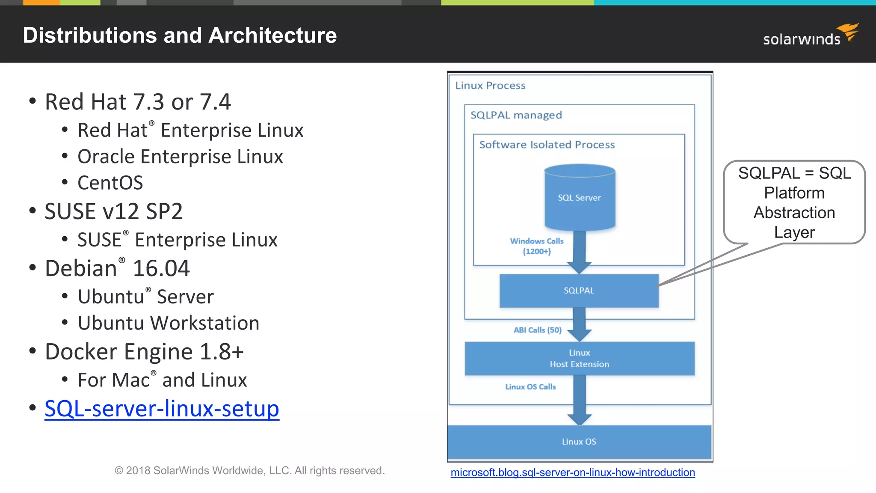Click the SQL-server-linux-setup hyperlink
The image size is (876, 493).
[x=162, y=409]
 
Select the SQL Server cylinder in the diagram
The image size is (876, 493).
[x=580, y=198]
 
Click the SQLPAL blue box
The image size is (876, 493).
[x=579, y=291]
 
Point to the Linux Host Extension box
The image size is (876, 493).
[x=579, y=359]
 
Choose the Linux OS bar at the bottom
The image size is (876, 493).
[x=579, y=442]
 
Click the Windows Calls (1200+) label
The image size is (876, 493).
[x=536, y=246]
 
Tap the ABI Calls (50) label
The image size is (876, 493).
[x=537, y=330]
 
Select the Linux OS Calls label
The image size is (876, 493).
[x=530, y=387]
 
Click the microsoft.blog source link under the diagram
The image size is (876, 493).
[x=572, y=472]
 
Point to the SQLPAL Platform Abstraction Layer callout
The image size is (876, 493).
[x=794, y=202]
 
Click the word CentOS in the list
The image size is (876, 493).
[x=110, y=183]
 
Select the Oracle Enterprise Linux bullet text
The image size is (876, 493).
[x=180, y=157]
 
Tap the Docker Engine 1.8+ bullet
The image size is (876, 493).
[x=144, y=352]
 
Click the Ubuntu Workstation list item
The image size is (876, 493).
[x=168, y=323]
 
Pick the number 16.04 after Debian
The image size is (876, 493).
[x=161, y=269]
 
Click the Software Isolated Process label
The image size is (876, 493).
[x=547, y=145]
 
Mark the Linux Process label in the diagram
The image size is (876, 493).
[x=490, y=86]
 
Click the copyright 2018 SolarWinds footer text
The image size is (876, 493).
[x=249, y=471]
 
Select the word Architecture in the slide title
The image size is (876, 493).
[x=272, y=35]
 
